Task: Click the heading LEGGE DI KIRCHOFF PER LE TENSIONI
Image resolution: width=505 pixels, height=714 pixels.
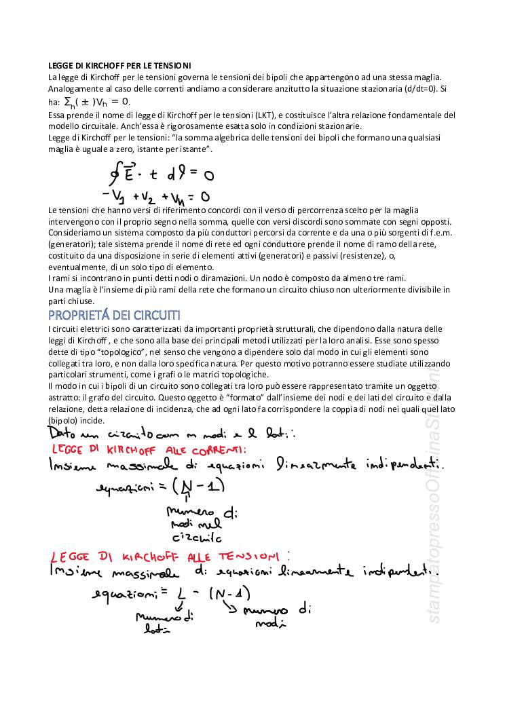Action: (x=119, y=65)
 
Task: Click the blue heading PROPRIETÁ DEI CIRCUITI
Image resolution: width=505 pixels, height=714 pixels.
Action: (x=115, y=316)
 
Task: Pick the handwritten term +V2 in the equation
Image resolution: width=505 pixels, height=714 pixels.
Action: (x=144, y=197)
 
